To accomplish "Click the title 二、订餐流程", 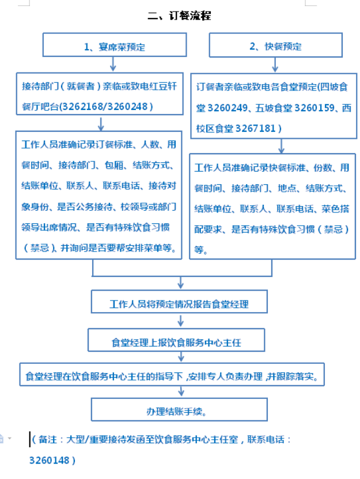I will pos(179,16).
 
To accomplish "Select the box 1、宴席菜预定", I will pos(115,45).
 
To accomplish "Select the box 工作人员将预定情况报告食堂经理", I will pos(179,303).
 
